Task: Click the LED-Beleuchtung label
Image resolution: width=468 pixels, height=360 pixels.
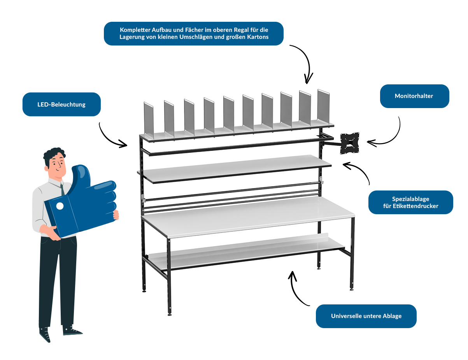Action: [61, 104]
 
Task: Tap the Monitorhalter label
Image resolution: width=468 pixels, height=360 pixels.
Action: [414, 96]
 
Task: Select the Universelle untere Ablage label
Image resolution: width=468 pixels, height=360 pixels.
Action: [366, 316]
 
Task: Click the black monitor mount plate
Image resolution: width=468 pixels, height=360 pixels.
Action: [350, 143]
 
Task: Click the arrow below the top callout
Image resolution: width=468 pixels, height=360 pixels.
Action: [303, 62]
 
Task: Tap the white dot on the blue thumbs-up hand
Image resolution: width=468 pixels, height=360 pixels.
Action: [60, 206]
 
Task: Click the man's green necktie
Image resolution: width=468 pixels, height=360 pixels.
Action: [62, 189]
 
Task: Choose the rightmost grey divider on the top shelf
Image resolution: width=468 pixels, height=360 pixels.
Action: [324, 107]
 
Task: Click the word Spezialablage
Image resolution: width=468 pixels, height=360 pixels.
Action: [410, 198]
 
